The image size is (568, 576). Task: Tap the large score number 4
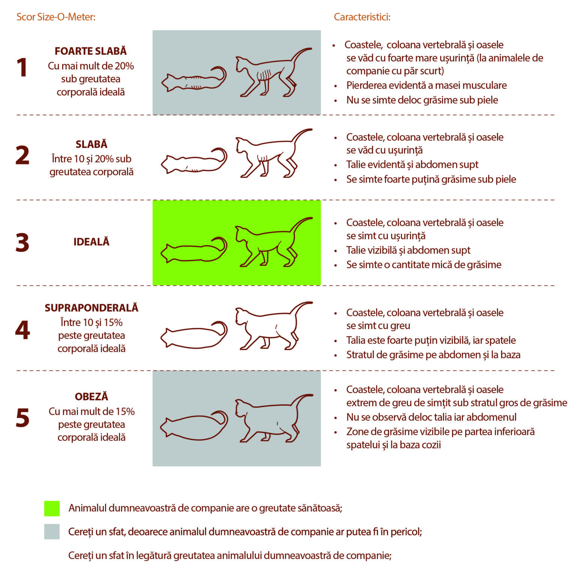(23, 330)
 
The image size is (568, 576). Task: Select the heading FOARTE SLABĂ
(91, 51)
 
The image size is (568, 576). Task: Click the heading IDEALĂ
(91, 242)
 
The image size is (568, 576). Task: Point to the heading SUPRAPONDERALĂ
(92, 308)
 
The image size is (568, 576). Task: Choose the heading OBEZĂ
(92, 396)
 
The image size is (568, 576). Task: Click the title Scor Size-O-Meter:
(56, 17)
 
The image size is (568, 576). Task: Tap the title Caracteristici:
(362, 17)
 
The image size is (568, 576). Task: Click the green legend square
(52, 508)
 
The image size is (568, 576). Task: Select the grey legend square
(52, 532)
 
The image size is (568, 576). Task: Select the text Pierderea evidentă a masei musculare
(426, 85)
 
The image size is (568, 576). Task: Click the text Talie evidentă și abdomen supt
(412, 165)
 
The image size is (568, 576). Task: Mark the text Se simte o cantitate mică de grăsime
(424, 265)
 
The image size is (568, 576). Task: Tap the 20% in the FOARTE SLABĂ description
(124, 66)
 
